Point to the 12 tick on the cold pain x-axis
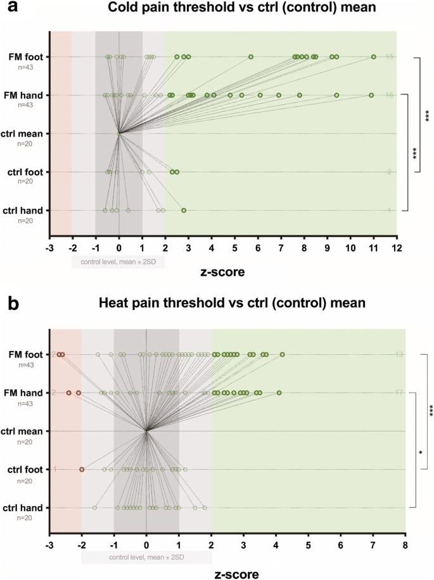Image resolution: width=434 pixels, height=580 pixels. coord(397,247)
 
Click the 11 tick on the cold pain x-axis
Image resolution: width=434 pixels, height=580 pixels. coord(373,247)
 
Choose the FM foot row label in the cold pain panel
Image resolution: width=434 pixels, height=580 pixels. coord(26,57)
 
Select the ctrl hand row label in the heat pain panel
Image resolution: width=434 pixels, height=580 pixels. coord(25,507)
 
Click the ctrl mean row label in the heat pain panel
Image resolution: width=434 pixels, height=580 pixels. coord(25,431)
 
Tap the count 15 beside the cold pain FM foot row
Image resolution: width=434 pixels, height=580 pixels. coord(390,57)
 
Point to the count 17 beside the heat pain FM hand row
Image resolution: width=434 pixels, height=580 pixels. coord(399,393)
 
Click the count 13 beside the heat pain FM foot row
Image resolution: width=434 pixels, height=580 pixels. coord(399,354)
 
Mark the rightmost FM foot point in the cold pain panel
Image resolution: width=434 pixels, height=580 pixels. coord(374,57)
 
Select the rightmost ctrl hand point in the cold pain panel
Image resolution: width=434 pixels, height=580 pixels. coord(184,210)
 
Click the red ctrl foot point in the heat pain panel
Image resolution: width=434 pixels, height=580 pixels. coord(82,469)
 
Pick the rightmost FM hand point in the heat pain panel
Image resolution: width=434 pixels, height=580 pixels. coord(279,393)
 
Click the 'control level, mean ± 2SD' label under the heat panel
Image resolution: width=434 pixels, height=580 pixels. coord(146,557)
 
